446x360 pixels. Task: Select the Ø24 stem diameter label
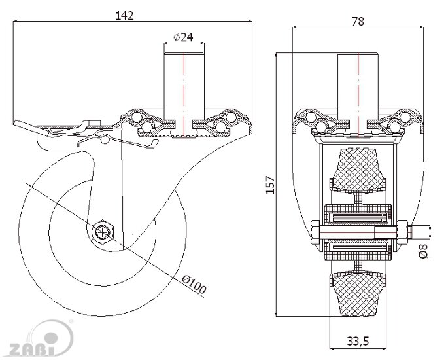183,37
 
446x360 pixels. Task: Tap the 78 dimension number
358,21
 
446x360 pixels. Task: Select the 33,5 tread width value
357,340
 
